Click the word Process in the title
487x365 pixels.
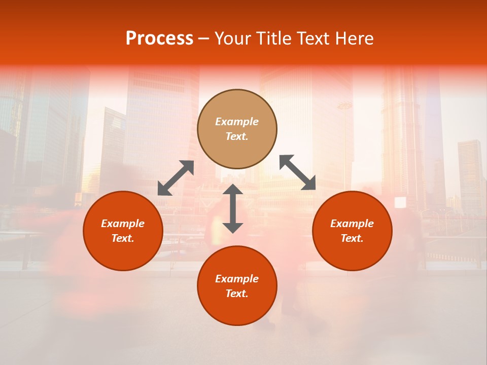159,39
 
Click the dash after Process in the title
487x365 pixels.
203,39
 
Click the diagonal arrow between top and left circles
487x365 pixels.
176,178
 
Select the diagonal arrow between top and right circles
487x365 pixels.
298,172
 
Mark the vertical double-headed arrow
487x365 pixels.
233,208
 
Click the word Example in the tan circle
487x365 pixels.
237,122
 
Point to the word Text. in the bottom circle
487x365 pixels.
237,294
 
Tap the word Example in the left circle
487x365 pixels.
123,224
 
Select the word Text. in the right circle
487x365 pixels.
352,238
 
